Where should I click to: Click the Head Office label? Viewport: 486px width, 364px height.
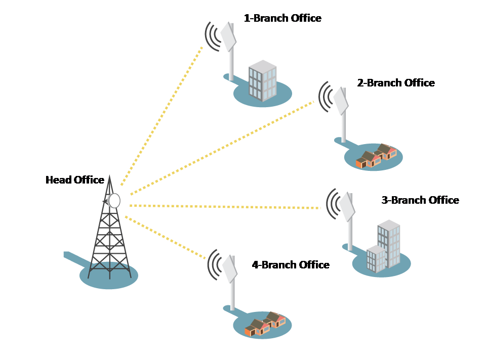click(75, 180)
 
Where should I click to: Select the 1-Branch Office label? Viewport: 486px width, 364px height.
click(282, 19)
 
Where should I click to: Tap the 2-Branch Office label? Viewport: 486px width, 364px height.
click(396, 83)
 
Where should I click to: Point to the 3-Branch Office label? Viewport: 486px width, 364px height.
click(420, 200)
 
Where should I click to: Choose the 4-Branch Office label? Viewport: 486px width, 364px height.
click(291, 265)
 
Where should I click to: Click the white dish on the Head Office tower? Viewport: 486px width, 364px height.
click(114, 201)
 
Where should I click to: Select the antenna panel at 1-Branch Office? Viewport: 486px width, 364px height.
click(228, 36)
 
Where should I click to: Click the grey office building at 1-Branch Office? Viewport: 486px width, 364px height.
click(262, 81)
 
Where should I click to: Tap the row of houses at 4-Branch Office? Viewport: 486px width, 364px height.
click(265, 324)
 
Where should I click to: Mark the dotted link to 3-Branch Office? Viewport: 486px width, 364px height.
click(225, 207)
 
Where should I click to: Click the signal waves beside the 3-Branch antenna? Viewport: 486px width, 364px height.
click(333, 204)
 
